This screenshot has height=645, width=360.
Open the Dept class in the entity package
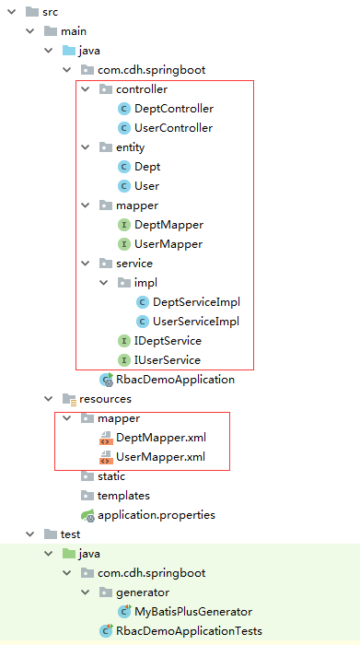[x=147, y=167]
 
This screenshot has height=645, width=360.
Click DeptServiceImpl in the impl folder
[x=196, y=302]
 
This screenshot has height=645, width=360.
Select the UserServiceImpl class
[x=196, y=322]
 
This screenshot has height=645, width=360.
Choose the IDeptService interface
[x=168, y=341]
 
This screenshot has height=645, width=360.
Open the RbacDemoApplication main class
[x=175, y=380]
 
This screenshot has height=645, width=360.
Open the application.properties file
[x=156, y=515]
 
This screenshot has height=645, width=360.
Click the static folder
[x=111, y=476]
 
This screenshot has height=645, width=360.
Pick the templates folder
[x=123, y=496]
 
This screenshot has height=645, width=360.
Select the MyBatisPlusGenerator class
[x=192, y=612]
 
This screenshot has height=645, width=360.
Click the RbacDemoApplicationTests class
[x=189, y=631]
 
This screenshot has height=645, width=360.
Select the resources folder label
[x=105, y=399]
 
